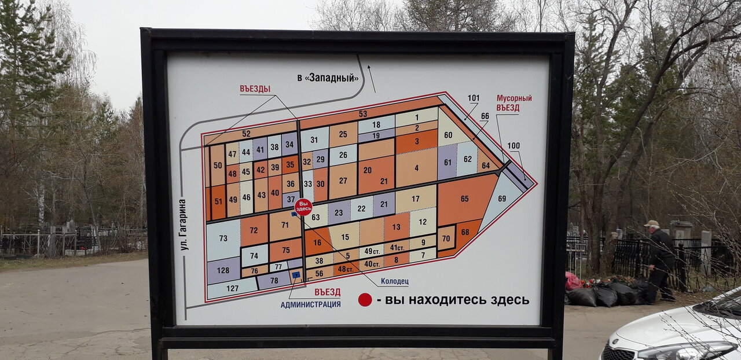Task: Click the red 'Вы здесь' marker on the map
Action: click(x=303, y=207)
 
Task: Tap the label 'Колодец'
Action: click(x=394, y=282)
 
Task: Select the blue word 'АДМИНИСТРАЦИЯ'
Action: click(x=310, y=304)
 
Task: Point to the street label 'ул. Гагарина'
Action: click(x=184, y=225)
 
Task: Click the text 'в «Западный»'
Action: click(x=328, y=78)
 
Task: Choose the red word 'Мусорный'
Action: click(x=514, y=98)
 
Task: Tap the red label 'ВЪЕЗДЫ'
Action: click(x=255, y=89)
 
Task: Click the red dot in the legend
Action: click(x=365, y=299)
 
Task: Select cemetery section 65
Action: click(x=464, y=199)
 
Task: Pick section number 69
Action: click(x=501, y=199)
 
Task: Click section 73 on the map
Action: click(x=223, y=238)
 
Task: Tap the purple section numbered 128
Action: click(x=223, y=270)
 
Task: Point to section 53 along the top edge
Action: click(x=363, y=113)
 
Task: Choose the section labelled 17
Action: click(x=416, y=199)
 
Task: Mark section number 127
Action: click(x=232, y=288)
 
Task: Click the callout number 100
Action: click(x=513, y=145)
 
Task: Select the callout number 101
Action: click(x=474, y=98)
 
